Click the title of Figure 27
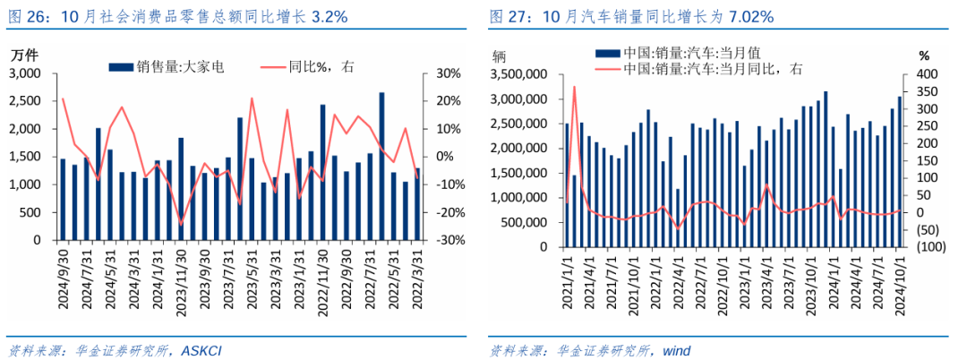[631, 17]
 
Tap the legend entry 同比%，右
[315, 65]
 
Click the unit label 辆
[499, 55]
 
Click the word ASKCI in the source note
[201, 350]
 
